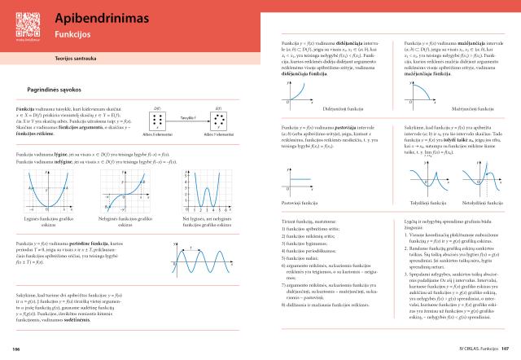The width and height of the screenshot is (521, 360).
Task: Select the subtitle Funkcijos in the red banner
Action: pos(72,37)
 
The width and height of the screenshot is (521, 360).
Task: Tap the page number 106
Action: pos(16,350)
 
